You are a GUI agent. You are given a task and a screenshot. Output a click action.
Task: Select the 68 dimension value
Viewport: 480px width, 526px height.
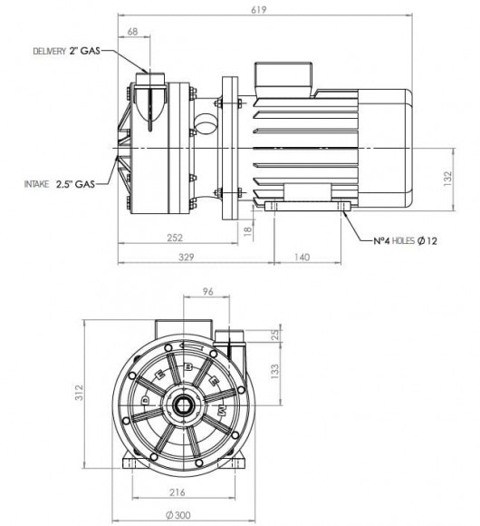133,32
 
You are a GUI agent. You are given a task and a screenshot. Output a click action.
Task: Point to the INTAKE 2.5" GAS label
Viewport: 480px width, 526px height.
59,183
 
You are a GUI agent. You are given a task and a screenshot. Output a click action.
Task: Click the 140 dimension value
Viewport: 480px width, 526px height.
304,258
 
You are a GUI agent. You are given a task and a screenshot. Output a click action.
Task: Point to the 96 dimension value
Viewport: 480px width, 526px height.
206,293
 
